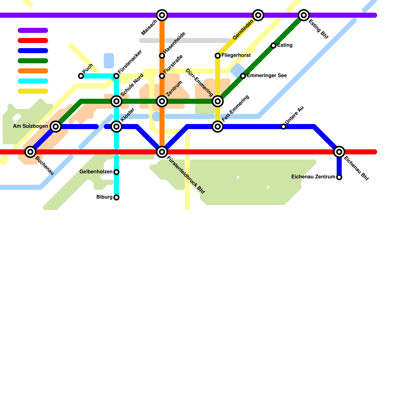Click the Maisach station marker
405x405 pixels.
pos(162,15)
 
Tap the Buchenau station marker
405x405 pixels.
pos(30,152)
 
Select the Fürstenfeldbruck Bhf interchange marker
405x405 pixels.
pos(162,152)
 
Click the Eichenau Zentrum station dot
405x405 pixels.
pos(339,177)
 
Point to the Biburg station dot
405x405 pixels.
pos(116,197)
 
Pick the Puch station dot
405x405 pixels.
pos(81,76)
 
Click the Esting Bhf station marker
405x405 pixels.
pos(304,15)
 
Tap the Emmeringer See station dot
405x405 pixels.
pos(243,76)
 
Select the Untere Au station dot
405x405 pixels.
pos(283,127)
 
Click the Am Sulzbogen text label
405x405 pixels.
pos(30,126)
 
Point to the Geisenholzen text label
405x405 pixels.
pos(96,172)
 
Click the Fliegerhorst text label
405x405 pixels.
pos(236,55)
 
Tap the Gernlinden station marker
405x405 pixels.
pos(258,15)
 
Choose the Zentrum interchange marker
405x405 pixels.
pos(162,101)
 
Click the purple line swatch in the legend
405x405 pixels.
pos(33,30)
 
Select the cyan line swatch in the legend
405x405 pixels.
pos(33,81)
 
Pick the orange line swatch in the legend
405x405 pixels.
pos(33,71)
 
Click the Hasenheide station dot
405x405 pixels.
pos(162,56)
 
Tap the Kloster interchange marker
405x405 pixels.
pos(116,127)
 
